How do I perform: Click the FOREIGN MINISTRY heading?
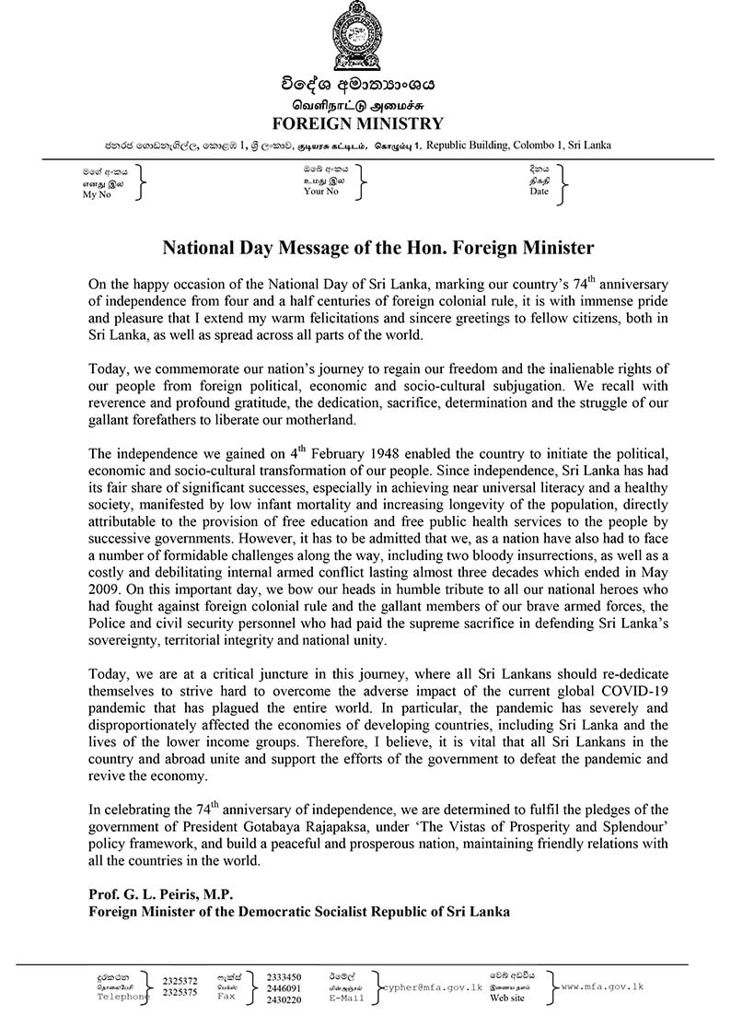[358, 123]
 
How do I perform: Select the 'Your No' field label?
[320, 192]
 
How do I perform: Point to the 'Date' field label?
[539, 192]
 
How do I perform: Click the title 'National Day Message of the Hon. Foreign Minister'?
[378, 249]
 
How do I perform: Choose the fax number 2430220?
[284, 998]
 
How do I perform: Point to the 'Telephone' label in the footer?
[123, 997]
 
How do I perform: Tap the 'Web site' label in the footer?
[508, 998]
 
